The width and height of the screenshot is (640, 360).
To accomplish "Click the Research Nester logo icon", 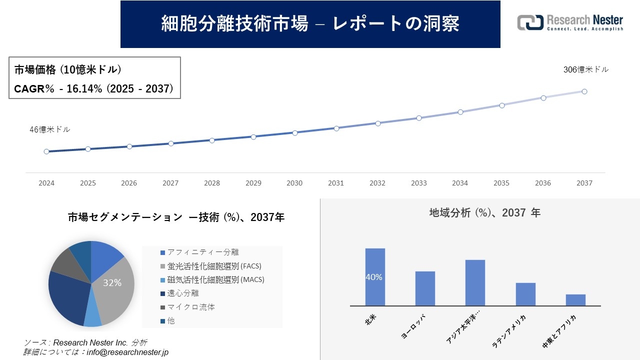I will tap(530, 22).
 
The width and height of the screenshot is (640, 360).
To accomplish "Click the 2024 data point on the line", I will tap(46, 151).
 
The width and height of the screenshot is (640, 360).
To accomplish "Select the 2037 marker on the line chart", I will tap(584, 91).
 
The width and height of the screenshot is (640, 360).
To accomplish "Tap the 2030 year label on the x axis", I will tap(294, 183).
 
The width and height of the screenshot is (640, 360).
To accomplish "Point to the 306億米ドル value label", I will tap(586, 70).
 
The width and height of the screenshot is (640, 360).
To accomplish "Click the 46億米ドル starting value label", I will tap(50, 129).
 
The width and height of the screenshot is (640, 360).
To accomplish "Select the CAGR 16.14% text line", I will tap(94, 88).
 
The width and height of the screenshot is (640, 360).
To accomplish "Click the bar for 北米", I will tap(375, 277).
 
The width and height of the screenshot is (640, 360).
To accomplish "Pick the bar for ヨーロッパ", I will tap(425, 288).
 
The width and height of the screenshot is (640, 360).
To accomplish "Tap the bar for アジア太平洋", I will tap(475, 282).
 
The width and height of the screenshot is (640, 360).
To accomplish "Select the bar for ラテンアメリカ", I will tap(525, 294).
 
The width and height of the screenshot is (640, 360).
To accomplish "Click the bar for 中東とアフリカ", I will tap(575, 300).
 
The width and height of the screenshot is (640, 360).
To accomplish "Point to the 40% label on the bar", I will tap(374, 277).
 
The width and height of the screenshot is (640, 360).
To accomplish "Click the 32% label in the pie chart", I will tap(112, 283).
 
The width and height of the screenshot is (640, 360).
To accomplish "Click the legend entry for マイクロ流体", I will tap(191, 307).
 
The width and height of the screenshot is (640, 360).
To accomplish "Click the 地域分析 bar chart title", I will tap(484, 212).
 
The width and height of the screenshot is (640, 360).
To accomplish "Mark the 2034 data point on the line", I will tap(460, 112).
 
